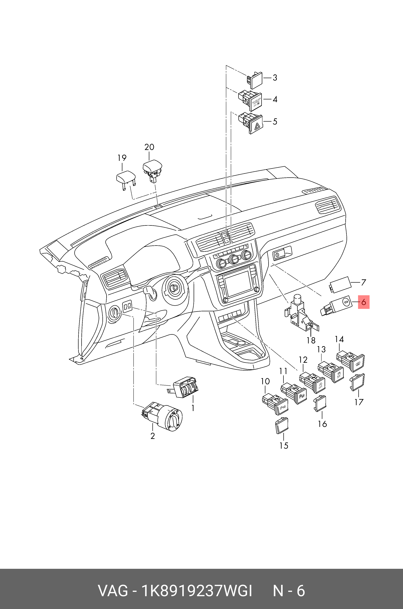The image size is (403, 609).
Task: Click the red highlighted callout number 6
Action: (x=363, y=302)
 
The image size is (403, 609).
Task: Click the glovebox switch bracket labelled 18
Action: (x=301, y=315)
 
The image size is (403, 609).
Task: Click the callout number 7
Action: (x=363, y=282)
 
